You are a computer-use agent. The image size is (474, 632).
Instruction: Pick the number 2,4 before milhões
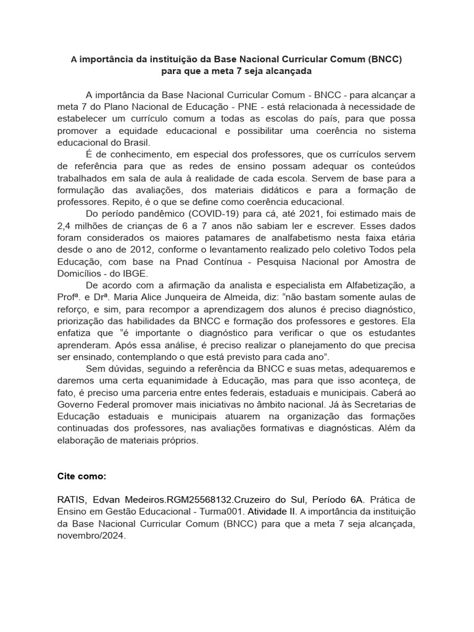[x=65, y=227]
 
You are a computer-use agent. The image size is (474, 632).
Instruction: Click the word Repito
[x=121, y=202]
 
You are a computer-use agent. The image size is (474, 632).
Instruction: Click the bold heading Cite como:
[x=81, y=477]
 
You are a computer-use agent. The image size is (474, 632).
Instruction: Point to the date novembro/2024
[x=91, y=537]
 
